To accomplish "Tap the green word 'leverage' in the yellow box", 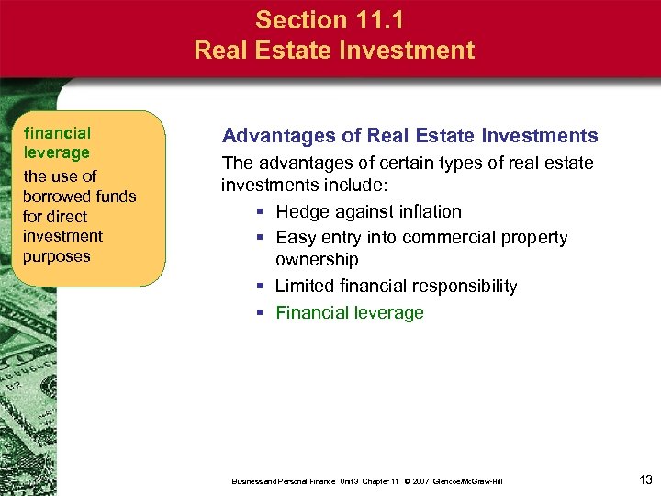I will tap(57, 152).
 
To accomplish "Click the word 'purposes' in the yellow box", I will tap(57, 255).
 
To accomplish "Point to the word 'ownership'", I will tap(317, 260).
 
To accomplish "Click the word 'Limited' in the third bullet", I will tap(307, 287).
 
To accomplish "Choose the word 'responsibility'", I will tap(462, 287).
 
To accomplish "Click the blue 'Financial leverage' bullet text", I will tap(350, 312).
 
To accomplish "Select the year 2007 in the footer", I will tap(424, 481).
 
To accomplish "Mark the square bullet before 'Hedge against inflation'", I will tap(262, 212).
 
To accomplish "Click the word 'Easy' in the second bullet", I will tap(295, 238).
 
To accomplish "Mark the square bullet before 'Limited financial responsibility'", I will tap(262, 287).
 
